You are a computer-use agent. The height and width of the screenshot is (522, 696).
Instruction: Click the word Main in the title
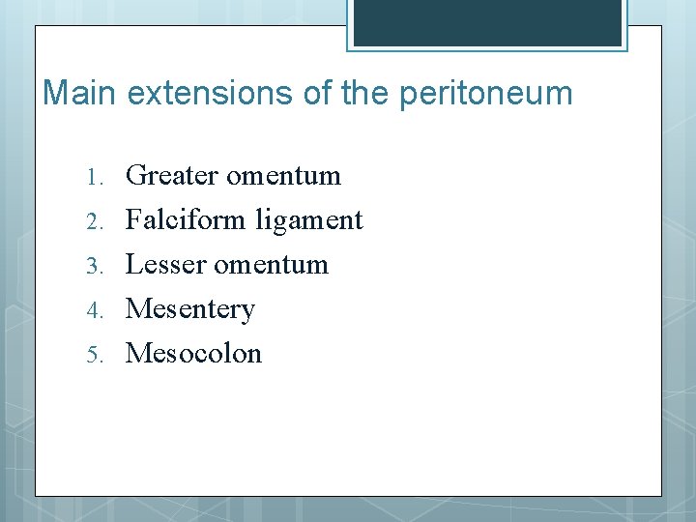(80, 94)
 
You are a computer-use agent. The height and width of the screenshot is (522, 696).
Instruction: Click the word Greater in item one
(172, 176)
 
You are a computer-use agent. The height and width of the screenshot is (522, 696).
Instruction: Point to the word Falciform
(187, 220)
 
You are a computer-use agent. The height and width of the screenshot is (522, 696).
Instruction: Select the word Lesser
(165, 265)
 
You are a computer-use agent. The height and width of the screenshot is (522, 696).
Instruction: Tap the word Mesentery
(190, 310)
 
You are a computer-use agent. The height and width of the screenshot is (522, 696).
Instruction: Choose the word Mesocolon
(193, 354)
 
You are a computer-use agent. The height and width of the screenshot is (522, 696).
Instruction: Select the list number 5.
(93, 355)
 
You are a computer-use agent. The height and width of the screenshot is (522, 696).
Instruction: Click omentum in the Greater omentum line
(283, 177)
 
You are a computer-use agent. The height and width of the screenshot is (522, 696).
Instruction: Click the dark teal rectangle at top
(486, 22)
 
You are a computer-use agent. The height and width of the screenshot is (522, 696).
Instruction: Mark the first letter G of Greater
(135, 176)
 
